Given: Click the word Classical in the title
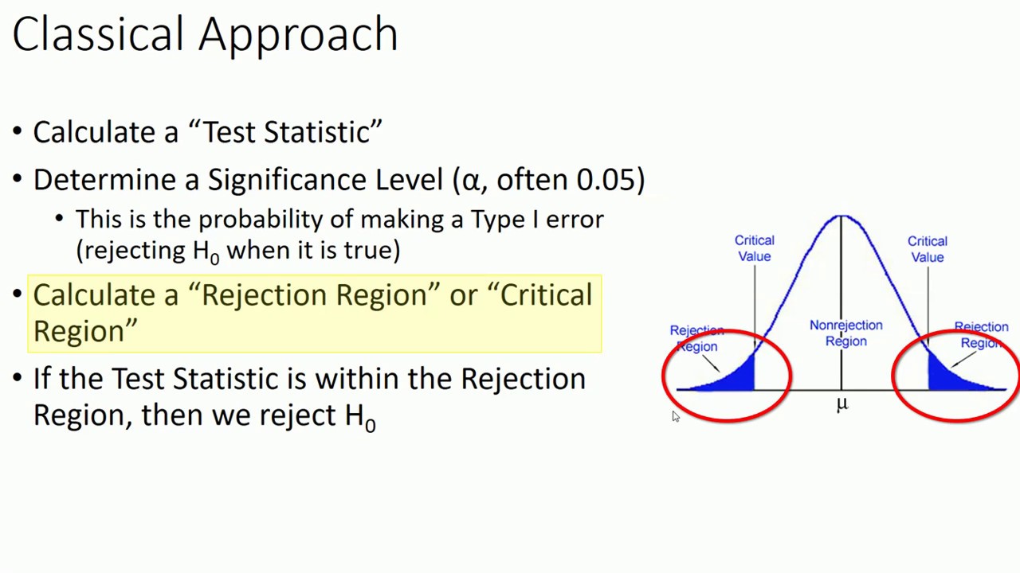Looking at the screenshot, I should pos(98,34).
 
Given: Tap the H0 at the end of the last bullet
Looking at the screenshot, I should pos(359,416).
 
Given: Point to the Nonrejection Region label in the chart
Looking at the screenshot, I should pos(845,333).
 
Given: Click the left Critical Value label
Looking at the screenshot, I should pos(754,248).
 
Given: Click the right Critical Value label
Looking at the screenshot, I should pos(927,249).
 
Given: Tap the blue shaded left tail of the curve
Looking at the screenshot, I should pos(737,379).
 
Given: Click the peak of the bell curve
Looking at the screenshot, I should pos(841,216).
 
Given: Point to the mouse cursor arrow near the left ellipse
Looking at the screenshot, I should pos(675,416).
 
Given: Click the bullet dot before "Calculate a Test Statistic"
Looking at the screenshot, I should pos(18,133).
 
